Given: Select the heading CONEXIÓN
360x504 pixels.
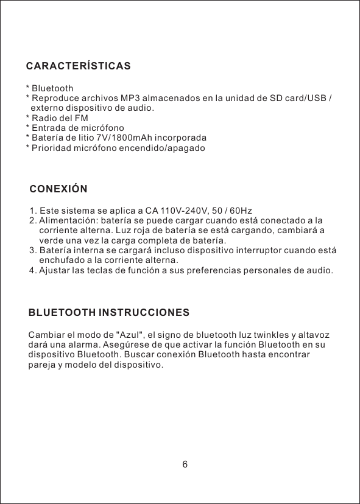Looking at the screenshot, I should (58, 189).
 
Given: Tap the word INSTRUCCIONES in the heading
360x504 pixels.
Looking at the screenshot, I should (144, 313).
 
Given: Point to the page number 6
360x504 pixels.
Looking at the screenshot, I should (185, 465).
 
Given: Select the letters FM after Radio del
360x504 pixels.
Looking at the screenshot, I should (82, 118).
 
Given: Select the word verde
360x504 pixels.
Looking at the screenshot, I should (51, 240).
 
